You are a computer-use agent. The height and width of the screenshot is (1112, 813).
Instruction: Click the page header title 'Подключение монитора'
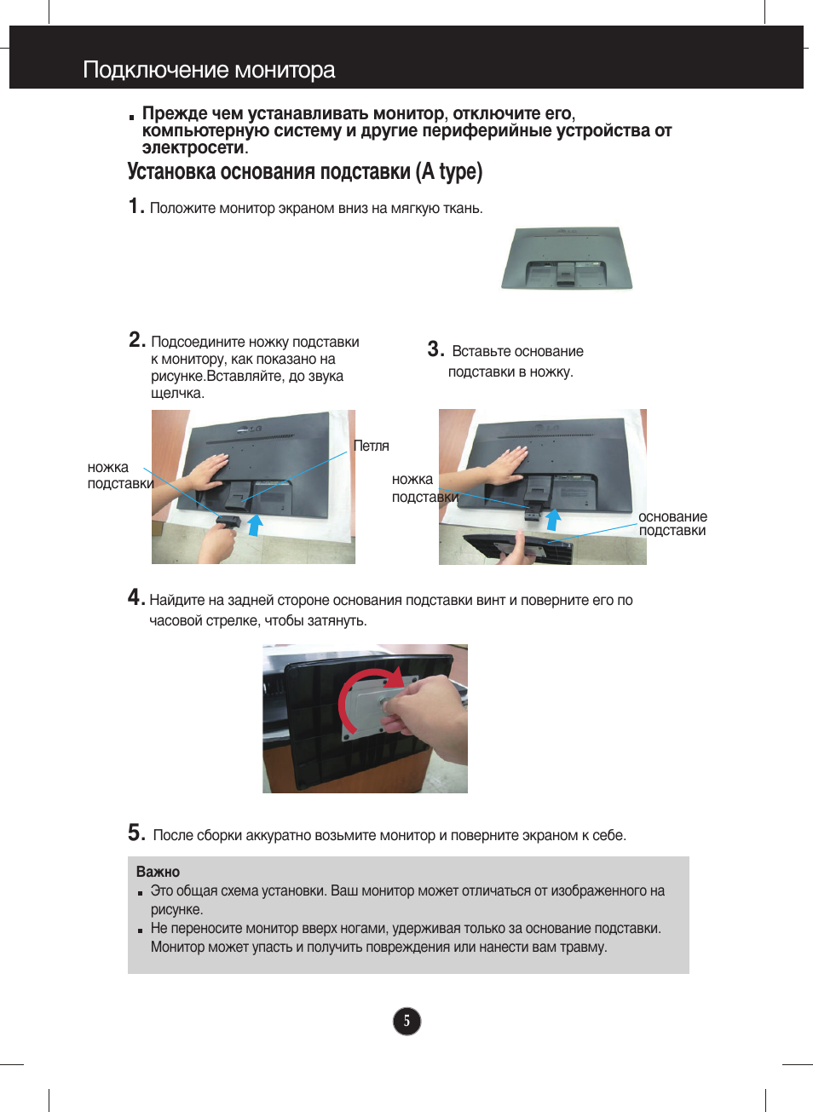click(x=209, y=70)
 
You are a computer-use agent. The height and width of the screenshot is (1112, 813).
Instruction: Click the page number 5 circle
click(x=406, y=1021)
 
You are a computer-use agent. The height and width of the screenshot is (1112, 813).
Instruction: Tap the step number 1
click(x=135, y=206)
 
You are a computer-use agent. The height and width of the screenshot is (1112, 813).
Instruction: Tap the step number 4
click(x=135, y=597)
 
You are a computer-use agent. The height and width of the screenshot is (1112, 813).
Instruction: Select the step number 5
click(x=136, y=833)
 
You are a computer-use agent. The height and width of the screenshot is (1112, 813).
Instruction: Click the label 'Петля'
click(x=371, y=446)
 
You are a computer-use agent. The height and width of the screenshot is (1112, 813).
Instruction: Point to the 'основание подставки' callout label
click(x=672, y=524)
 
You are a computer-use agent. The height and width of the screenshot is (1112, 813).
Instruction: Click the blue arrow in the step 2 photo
click(x=254, y=524)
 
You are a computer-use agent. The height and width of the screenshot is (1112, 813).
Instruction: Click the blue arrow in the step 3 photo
click(x=553, y=519)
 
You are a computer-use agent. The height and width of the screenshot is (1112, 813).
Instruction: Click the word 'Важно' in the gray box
click(x=158, y=872)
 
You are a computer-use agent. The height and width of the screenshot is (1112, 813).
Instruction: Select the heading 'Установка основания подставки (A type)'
click(x=304, y=172)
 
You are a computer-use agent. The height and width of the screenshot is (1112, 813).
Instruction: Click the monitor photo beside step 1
click(x=566, y=258)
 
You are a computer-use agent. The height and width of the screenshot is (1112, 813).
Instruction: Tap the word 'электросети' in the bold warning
click(x=193, y=147)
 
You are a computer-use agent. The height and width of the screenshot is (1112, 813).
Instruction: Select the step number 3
click(x=435, y=349)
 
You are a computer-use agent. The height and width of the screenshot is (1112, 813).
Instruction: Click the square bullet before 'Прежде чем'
click(x=132, y=116)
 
